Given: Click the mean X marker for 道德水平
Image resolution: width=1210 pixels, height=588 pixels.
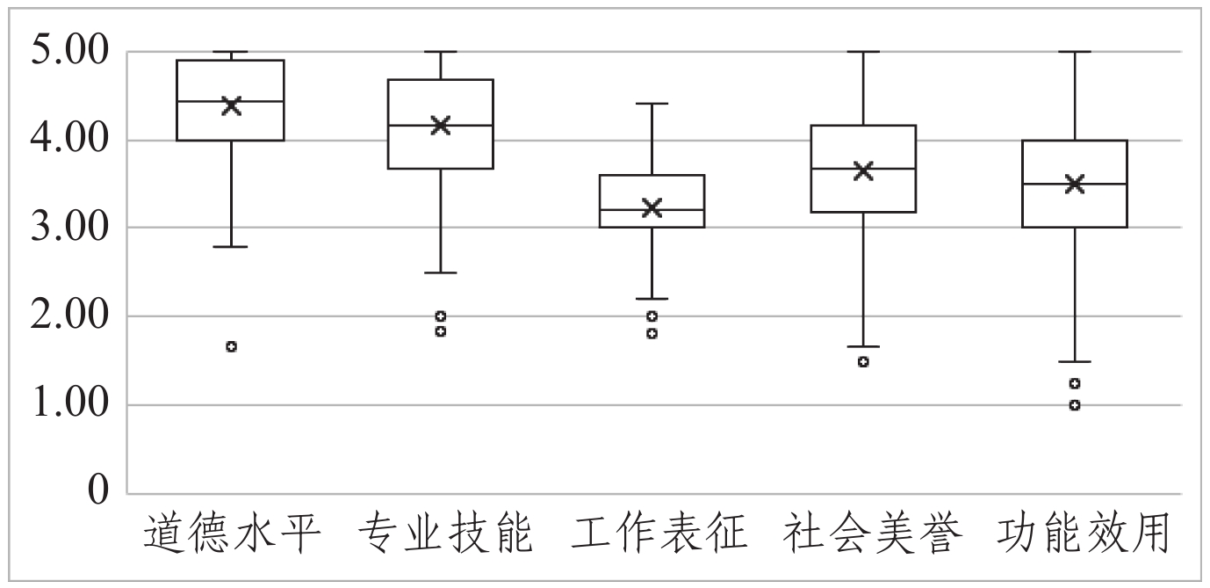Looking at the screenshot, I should coord(232,106).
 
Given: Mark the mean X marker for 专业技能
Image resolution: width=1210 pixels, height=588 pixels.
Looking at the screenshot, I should coord(441,125).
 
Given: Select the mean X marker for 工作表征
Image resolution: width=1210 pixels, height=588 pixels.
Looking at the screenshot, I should coord(652,207).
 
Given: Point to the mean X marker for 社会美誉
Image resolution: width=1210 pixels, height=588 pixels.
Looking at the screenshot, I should coord(863,171).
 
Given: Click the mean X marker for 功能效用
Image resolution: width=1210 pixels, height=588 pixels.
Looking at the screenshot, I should coord(1075,184).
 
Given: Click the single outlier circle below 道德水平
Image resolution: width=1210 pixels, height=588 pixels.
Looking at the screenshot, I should coord(232,346).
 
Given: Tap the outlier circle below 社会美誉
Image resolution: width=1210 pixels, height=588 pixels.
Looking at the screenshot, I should coord(863,361).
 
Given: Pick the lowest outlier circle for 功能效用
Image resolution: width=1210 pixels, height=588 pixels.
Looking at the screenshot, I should coord(1075,405).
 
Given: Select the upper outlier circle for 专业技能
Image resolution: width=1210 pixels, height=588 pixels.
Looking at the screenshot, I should coord(441,316).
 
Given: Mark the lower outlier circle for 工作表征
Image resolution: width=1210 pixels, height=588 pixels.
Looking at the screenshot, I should coord(652,333).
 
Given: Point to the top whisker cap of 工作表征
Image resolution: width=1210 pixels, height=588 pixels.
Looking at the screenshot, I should coord(652,104).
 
